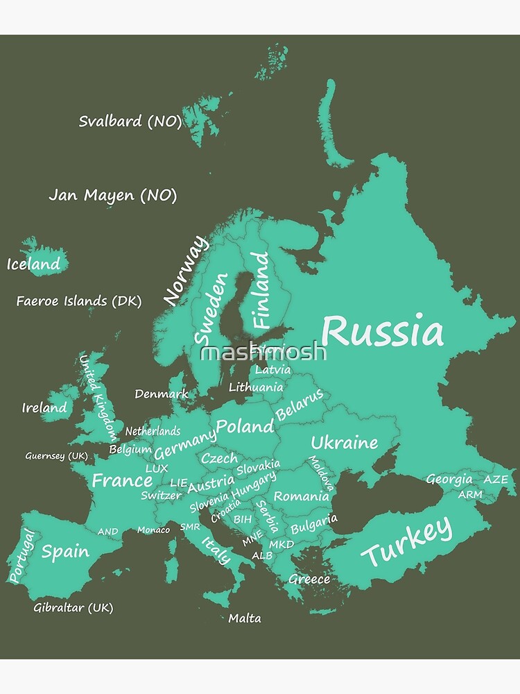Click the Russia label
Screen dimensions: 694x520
point(383,332)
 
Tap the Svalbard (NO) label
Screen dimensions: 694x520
point(130,121)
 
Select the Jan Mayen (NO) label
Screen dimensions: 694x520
point(112,195)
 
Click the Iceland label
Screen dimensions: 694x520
point(33,264)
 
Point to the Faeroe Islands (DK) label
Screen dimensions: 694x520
point(78,301)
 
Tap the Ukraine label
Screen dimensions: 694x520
point(344,442)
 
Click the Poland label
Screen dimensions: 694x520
point(245,425)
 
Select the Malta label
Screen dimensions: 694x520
point(245,618)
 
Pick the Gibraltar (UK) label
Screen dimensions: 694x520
point(73,607)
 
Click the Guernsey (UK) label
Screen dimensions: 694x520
point(56,456)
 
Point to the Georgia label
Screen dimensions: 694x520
point(449,479)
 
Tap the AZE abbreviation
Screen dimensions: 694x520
point(495,480)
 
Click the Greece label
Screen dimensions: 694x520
point(309,579)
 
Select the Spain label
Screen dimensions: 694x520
point(65,552)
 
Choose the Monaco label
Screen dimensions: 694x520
point(153,530)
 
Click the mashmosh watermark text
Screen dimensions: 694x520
point(263,352)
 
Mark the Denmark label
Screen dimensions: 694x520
point(161,393)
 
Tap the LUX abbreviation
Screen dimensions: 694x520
point(157,468)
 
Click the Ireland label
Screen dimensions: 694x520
point(44,407)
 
